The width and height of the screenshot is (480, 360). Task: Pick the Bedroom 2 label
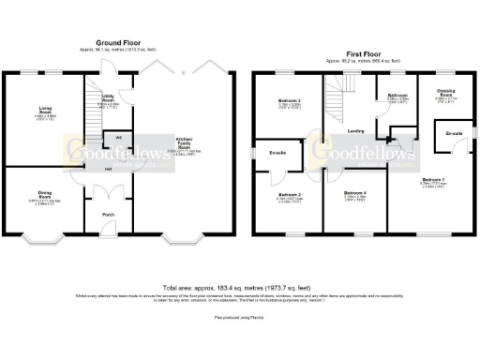(288, 195)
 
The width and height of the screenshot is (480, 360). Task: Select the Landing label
(355, 130)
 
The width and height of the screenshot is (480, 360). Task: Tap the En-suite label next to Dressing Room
(454, 132)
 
